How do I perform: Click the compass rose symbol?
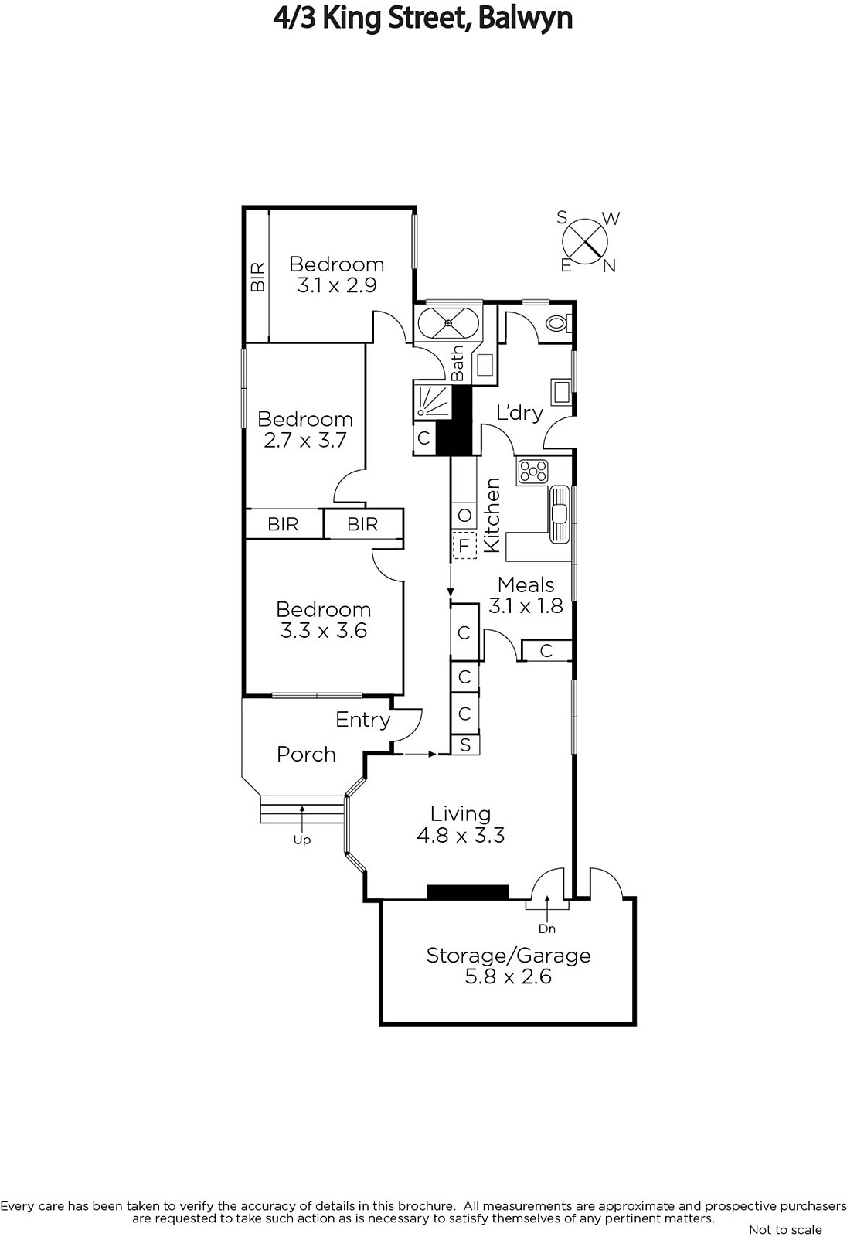click(585, 242)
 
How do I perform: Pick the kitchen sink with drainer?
click(560, 514)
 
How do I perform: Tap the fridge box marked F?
click(464, 546)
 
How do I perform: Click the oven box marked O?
click(464, 515)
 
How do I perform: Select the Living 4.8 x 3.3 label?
click(461, 824)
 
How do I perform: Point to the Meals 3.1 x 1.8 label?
click(526, 595)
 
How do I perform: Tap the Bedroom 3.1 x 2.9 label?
click(337, 274)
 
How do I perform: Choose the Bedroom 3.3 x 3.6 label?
click(324, 619)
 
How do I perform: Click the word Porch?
click(307, 755)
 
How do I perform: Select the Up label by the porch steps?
click(302, 840)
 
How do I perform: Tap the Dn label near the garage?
click(546, 929)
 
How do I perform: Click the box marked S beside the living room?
click(465, 745)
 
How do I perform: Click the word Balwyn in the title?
click(525, 19)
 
